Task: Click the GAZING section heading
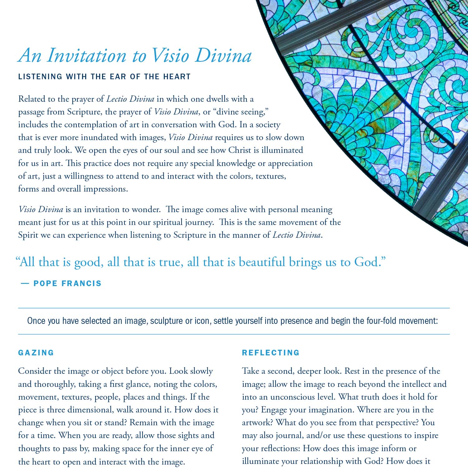coord(36,353)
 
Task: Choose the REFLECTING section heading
coord(271,353)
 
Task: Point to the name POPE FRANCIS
coord(67,284)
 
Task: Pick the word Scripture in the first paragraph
coord(84,112)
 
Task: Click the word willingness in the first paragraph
coord(84,176)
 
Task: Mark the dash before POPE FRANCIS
coord(25,284)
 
